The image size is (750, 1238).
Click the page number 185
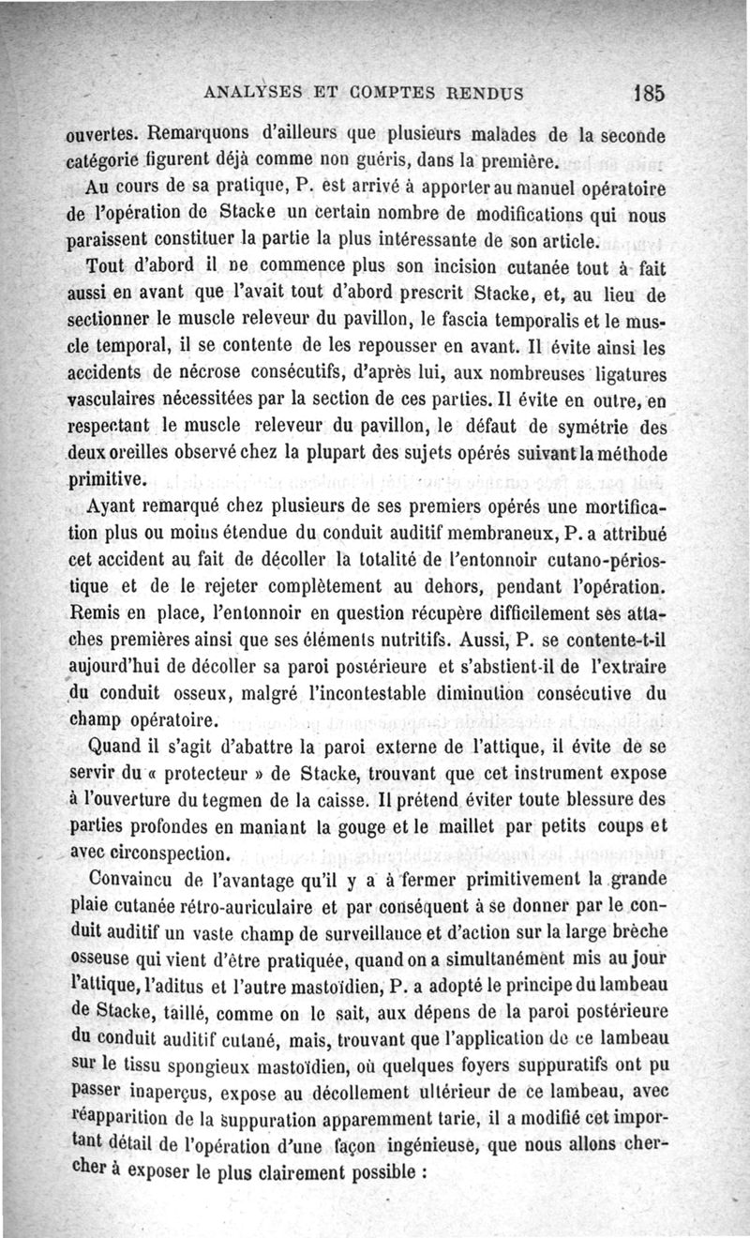pos(648,93)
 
